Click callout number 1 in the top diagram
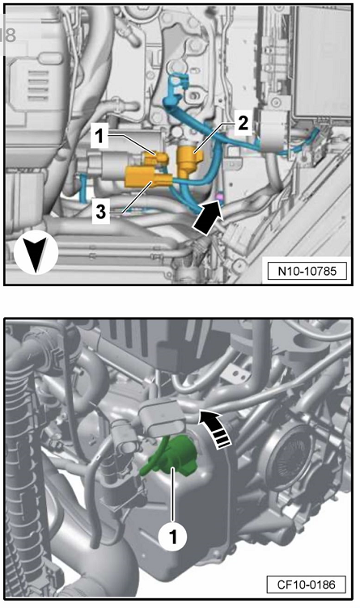[x=100, y=136]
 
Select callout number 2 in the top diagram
[x=243, y=124]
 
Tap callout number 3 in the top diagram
[x=101, y=212]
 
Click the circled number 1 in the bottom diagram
[x=172, y=537]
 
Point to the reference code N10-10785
[x=307, y=271]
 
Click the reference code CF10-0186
[x=306, y=585]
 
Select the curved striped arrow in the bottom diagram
[x=217, y=429]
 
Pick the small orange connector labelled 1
[x=155, y=158]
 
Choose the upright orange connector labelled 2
[x=189, y=160]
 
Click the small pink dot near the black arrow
[x=220, y=197]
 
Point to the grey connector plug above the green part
[x=162, y=417]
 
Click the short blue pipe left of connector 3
[x=83, y=188]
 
